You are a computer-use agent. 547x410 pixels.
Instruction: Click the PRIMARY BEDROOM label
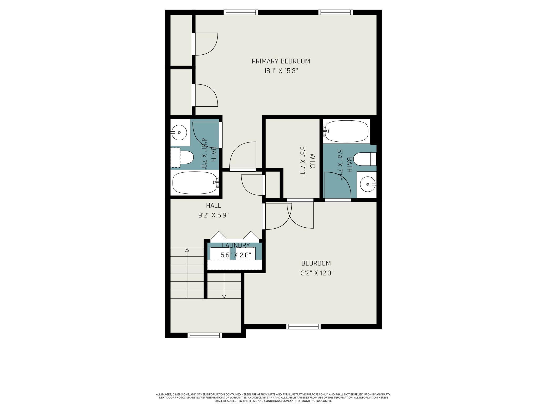(281, 61)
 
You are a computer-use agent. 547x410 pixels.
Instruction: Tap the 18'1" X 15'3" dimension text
(281, 71)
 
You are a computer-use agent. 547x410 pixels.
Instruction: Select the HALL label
(213, 206)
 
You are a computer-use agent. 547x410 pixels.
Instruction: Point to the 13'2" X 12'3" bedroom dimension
(316, 273)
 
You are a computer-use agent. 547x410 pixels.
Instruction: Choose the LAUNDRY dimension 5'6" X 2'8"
(236, 255)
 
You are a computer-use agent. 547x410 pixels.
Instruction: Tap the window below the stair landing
(205, 335)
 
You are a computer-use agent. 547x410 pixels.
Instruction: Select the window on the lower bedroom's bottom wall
(303, 326)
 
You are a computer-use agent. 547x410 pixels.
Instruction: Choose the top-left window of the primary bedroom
(241, 12)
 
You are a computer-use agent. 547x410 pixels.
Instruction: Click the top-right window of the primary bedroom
(336, 12)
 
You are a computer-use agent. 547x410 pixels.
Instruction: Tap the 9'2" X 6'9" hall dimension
(213, 215)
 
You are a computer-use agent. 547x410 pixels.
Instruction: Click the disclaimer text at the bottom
(273, 398)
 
